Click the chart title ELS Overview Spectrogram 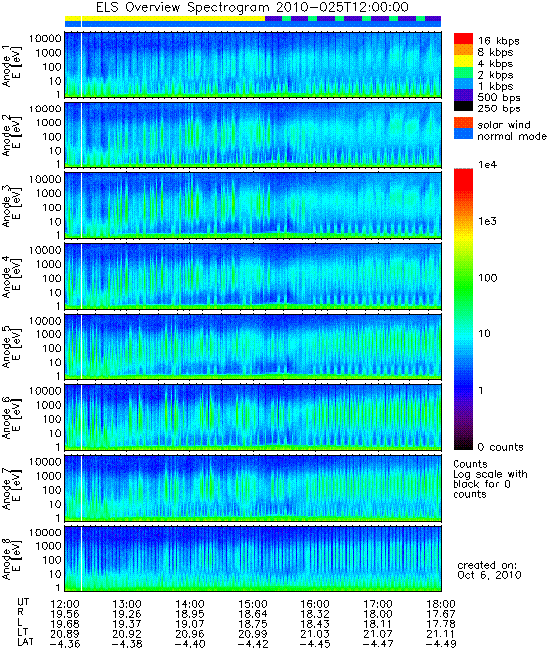183,7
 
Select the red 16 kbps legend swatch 463,38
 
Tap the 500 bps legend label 499,98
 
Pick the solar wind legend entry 504,125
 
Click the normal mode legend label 512,136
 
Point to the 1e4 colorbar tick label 487,165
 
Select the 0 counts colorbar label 501,447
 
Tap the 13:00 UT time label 127,604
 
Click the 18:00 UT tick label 441,604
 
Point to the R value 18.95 190,614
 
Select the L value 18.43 315,624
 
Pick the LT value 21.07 378,634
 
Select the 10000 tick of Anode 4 45,250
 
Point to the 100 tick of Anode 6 52,419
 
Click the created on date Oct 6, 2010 489,575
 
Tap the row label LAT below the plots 25,644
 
